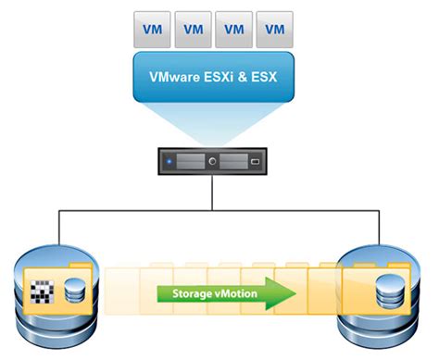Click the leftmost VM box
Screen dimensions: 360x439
[150, 29]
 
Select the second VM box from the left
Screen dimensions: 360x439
[193, 29]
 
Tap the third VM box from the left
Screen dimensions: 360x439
[234, 29]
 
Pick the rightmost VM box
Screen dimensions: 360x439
[276, 29]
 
